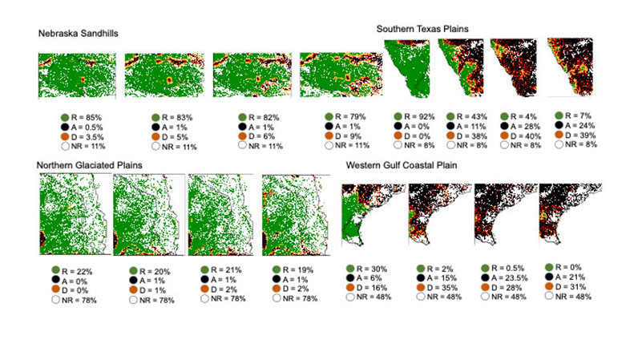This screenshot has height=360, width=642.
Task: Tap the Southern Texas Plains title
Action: (422, 28)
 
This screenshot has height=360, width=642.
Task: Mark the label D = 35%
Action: (438, 287)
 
